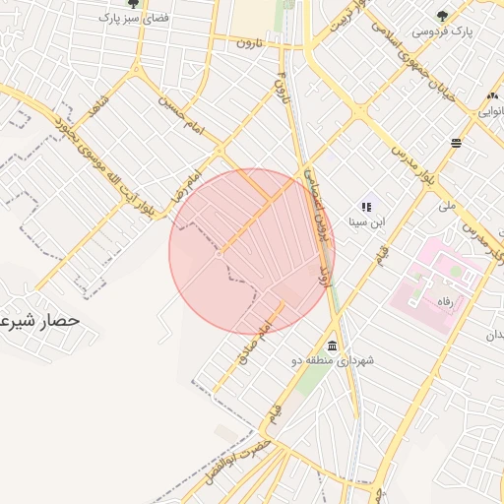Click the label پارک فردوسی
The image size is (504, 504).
pos(442,31)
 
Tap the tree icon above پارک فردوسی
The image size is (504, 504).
pos(442,15)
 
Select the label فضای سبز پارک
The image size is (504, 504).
pos(132,19)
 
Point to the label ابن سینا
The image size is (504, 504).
pos(371,221)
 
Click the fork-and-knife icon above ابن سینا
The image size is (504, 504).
pos(365,206)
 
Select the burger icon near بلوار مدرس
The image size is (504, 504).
pos(457,144)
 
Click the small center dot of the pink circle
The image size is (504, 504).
pos(219,252)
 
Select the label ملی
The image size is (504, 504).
pos(448,207)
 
